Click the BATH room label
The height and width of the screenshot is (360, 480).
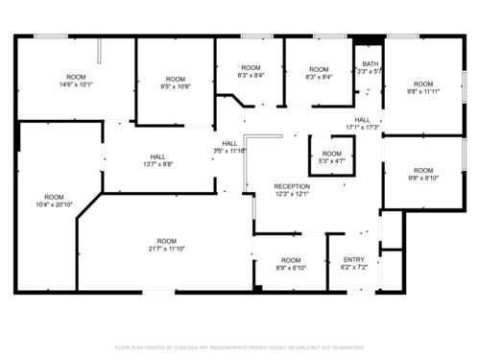click(371, 63)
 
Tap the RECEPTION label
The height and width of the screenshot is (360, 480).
click(292, 186)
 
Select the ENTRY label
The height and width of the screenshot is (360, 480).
click(354, 259)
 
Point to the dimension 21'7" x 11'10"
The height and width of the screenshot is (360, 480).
click(167, 249)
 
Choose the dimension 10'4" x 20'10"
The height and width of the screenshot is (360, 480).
click(55, 204)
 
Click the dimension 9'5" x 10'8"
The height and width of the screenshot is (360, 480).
click(175, 86)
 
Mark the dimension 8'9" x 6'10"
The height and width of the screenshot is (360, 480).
click(291, 268)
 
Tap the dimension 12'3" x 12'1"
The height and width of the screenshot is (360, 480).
click(292, 194)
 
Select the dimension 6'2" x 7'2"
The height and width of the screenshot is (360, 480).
click(354, 267)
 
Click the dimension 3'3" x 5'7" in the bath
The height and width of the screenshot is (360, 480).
click(370, 71)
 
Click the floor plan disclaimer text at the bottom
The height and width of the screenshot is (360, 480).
click(240, 347)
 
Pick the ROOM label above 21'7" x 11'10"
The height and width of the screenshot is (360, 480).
click(167, 240)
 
